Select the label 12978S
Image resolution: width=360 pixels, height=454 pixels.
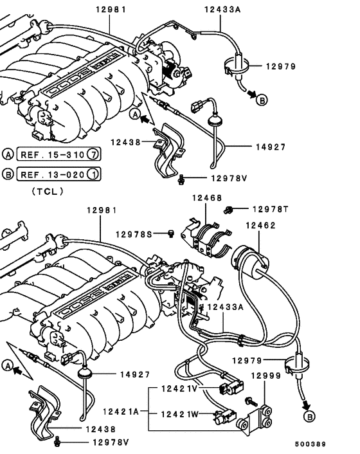coord(134,234)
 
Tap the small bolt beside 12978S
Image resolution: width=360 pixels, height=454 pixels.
coord(172,234)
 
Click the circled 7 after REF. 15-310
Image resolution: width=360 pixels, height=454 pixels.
coord(92,154)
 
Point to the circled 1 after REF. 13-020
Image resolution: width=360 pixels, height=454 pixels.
coord(92,174)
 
